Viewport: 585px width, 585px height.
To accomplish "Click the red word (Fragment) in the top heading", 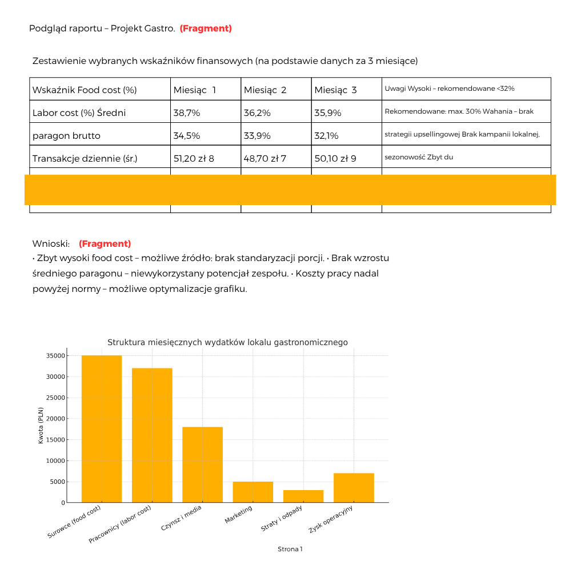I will point(206,29).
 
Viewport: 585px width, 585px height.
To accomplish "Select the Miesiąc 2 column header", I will point(265,90).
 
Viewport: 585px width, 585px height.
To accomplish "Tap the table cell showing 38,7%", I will point(187,113).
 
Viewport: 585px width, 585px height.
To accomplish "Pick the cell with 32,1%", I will point(326,136).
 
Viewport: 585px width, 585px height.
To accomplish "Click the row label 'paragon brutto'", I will point(66,136).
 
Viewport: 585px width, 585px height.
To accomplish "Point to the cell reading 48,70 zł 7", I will point(265,158).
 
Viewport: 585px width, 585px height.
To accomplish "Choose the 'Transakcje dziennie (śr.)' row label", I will point(85,158).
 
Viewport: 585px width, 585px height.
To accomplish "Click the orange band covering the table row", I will point(290,190).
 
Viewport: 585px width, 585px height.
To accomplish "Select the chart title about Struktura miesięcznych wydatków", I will point(227,342).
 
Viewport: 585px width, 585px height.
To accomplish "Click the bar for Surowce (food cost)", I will point(102,428).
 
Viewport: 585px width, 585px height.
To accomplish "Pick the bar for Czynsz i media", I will point(202,464).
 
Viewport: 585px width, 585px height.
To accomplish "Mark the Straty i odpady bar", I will point(303,496).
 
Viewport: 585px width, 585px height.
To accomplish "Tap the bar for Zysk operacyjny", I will point(354,487).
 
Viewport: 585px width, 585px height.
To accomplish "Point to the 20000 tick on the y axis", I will point(56,419).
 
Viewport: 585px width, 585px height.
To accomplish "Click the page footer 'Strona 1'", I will point(290,549).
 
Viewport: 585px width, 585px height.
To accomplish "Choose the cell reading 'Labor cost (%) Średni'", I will point(79,113).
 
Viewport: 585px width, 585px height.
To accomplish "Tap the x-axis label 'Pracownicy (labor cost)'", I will point(120,524).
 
